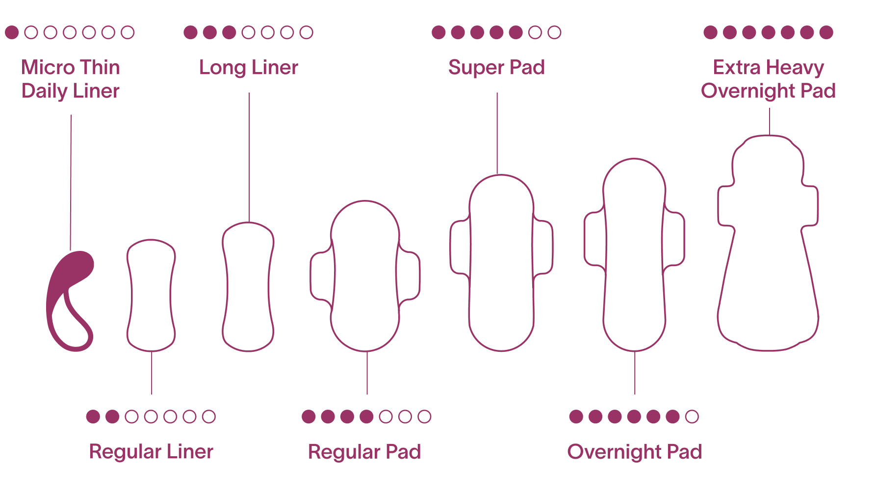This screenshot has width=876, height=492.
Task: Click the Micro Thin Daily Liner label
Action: coord(71,79)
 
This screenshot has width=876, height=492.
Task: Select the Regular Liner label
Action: coord(151,451)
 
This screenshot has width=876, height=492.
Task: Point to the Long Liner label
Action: coord(248,68)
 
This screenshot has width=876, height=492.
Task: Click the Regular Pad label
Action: coord(364,451)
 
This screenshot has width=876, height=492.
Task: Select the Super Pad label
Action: coord(496,68)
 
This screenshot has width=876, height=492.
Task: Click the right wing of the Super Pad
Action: coord(543,247)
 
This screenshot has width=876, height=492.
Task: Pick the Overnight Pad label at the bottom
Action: coord(634,451)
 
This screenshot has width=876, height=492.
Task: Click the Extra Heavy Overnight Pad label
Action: coord(769,79)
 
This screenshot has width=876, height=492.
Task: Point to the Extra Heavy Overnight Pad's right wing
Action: coord(810,206)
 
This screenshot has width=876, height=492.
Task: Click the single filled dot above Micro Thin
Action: coord(12,32)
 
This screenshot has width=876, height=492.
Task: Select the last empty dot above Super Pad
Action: coord(554,32)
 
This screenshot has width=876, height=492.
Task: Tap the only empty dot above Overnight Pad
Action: coord(692,417)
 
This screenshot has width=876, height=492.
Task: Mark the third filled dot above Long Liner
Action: coord(229,32)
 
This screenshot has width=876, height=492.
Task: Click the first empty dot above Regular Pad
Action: coord(386,417)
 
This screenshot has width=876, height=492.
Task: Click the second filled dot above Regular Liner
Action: coord(112,417)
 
